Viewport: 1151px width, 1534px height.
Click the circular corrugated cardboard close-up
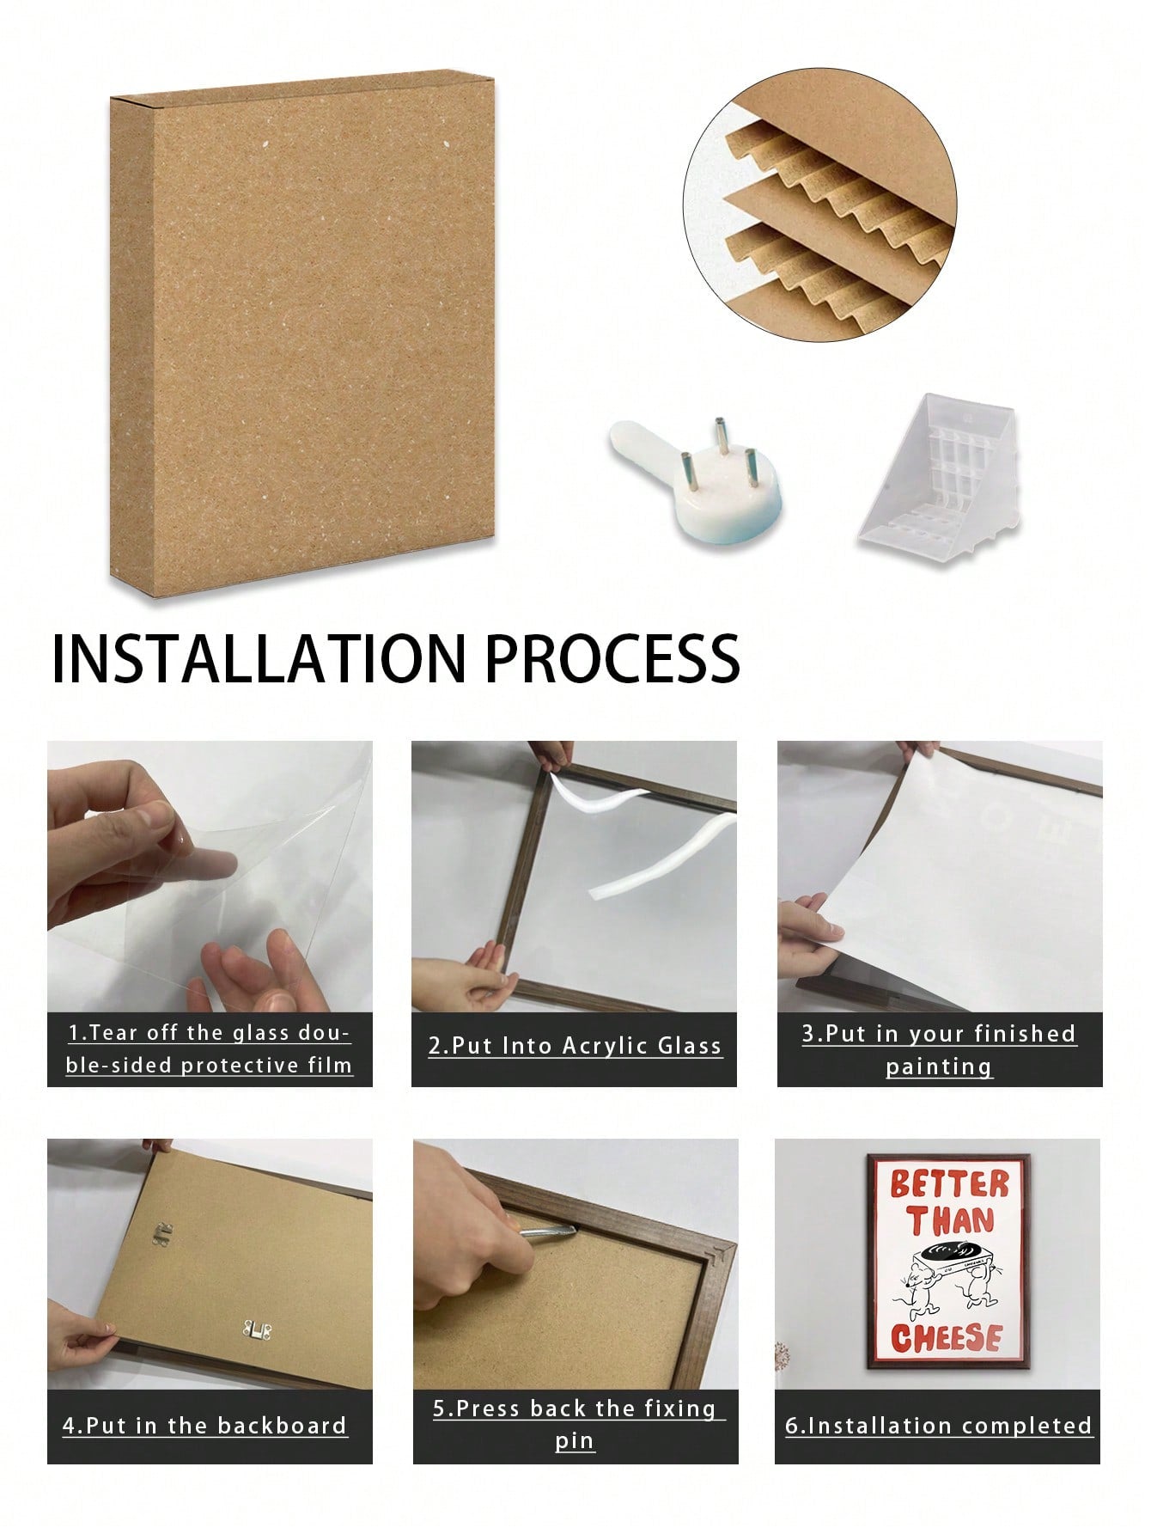click(820, 205)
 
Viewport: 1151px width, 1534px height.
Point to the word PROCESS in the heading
click(613, 659)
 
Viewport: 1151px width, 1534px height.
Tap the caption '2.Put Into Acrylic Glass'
click(575, 1046)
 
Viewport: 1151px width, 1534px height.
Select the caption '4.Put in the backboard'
click(204, 1426)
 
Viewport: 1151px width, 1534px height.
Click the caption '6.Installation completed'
click(938, 1426)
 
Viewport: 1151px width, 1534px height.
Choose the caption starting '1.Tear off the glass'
click(210, 1049)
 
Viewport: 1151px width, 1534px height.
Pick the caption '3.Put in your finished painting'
click(939, 1050)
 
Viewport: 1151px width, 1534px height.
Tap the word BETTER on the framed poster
click(948, 1183)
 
